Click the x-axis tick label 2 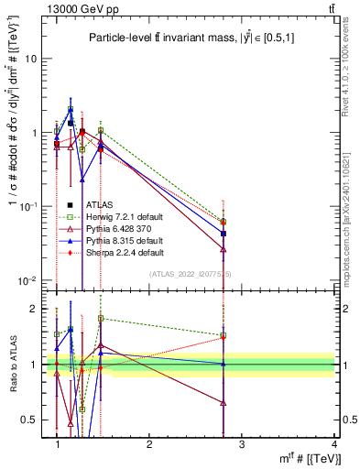pyautogui.click(x=149, y=444)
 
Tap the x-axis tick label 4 pyautogui.click(x=334, y=444)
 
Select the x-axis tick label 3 pyautogui.click(x=242, y=444)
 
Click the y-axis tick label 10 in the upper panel pyautogui.click(x=30, y=58)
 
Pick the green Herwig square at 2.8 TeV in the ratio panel pyautogui.click(x=224, y=335)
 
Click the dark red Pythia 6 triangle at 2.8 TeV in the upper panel pyautogui.click(x=224, y=248)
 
